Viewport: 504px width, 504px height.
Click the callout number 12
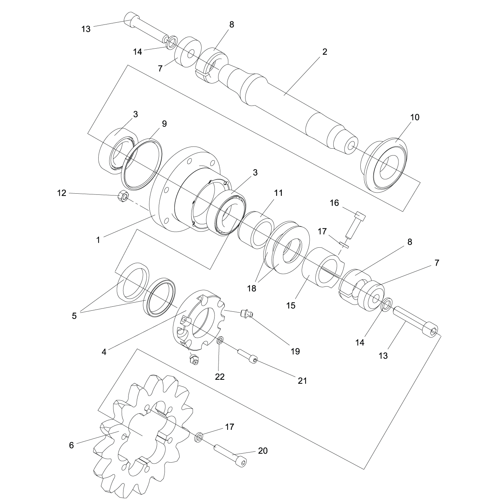click(62, 193)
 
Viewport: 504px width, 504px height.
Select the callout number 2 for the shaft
click(324, 51)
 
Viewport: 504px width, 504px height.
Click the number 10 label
click(415, 117)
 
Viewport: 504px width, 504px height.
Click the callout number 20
click(263, 450)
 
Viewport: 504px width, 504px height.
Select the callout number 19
click(295, 351)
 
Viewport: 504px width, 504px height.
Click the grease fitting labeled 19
click(246, 314)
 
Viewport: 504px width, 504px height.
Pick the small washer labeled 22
click(220, 340)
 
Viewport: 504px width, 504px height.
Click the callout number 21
click(302, 380)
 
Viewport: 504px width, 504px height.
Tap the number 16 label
click(334, 203)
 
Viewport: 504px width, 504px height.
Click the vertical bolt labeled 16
click(355, 225)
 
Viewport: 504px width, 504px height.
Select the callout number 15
click(291, 305)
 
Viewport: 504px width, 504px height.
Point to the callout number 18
click(252, 288)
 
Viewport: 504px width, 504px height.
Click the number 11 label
click(278, 193)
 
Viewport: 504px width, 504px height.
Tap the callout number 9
click(164, 123)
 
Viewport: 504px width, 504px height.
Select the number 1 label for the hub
click(98, 239)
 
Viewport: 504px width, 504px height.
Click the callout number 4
click(104, 352)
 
